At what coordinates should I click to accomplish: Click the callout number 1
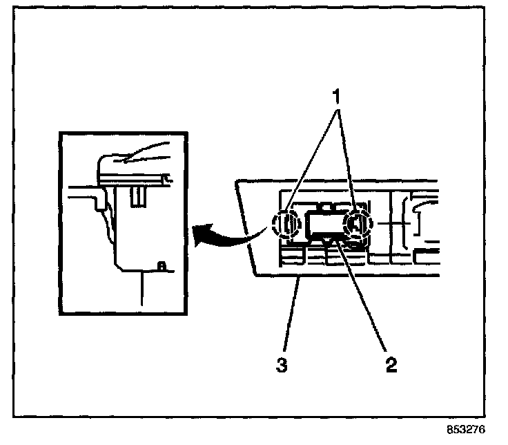coord(338,96)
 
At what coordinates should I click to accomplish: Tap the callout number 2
coord(391,365)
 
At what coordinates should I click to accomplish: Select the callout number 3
coord(282,365)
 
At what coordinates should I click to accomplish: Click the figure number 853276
coord(466,429)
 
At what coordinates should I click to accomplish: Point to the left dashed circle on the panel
coord(273,223)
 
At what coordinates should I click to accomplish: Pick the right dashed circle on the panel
coord(371,223)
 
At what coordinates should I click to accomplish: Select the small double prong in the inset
coord(138,196)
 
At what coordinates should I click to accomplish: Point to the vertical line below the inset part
coord(141,289)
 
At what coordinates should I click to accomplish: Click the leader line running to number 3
coord(292,314)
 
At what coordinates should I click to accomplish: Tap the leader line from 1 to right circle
coord(348,160)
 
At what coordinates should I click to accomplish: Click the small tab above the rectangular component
coord(326,207)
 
